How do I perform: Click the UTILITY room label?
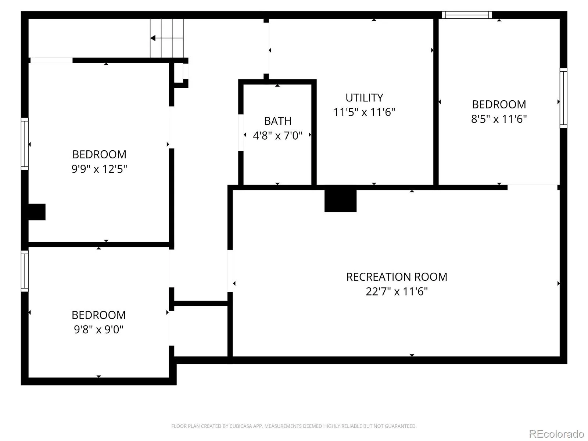[x=364, y=98]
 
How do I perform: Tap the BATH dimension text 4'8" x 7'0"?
[x=277, y=136]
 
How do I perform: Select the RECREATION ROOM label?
[x=397, y=277]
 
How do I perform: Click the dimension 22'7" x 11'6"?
[x=397, y=291]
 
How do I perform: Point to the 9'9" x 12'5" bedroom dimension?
[x=99, y=169]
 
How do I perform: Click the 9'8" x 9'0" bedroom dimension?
[x=98, y=329]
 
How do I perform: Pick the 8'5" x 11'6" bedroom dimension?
[x=499, y=119]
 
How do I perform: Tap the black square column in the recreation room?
[x=340, y=201]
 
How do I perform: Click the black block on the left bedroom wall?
[x=37, y=212]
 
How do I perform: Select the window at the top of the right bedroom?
[x=467, y=15]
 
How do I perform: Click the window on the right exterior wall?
[x=563, y=98]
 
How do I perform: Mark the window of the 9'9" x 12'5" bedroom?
[x=25, y=144]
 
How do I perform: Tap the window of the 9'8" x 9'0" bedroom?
[x=25, y=271]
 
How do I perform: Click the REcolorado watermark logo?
[x=557, y=434]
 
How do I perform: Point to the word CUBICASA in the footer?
[x=241, y=426]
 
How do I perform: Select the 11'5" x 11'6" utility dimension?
[x=364, y=112]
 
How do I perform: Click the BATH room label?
[x=277, y=121]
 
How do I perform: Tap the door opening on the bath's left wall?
[x=241, y=133]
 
